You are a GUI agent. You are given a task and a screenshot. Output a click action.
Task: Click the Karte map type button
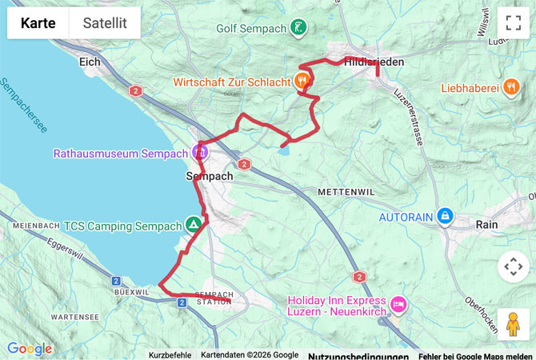pyautogui.click(x=38, y=23)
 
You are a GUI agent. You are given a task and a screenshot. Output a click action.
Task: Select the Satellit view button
pyautogui.click(x=105, y=23)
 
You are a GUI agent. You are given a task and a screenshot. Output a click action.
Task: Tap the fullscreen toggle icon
pyautogui.click(x=513, y=23)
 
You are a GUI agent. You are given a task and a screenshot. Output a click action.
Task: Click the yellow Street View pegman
pyautogui.click(x=513, y=324)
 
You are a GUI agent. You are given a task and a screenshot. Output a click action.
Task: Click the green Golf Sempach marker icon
pyautogui.click(x=298, y=27)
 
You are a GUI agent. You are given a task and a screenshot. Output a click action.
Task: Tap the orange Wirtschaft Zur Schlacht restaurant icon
pyautogui.click(x=302, y=80)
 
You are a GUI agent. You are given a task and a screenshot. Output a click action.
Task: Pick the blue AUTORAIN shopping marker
pyautogui.click(x=446, y=216)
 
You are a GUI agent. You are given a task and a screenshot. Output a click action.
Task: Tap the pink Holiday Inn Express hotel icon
pyautogui.click(x=398, y=303)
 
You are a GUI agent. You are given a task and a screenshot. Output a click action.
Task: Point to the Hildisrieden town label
pyautogui.click(x=374, y=62)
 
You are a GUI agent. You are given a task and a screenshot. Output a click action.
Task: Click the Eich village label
pyautogui.click(x=88, y=61)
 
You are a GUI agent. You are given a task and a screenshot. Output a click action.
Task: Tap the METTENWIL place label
pyautogui.click(x=346, y=193)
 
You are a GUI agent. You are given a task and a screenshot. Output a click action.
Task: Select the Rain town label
pyautogui.click(x=486, y=225)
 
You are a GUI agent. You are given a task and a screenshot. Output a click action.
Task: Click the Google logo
pyautogui.click(x=30, y=349)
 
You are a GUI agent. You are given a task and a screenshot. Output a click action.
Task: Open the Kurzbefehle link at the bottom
pyautogui.click(x=170, y=355)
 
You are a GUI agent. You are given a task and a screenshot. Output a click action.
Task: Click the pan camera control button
pyautogui.click(x=513, y=266)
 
